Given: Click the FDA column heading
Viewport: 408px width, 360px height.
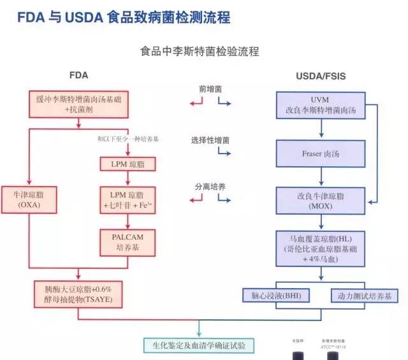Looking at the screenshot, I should [x=78, y=75].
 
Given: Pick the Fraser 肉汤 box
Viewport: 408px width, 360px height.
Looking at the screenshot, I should [x=320, y=154].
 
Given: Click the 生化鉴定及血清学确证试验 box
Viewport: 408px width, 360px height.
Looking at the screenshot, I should [x=200, y=346].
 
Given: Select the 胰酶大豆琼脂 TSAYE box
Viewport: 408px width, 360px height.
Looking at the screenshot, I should [x=76, y=294].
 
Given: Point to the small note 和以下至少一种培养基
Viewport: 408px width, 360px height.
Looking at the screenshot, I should [x=127, y=139].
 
